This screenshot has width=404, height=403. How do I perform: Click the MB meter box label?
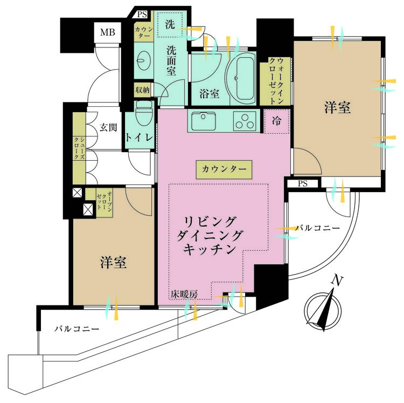pos(108,32)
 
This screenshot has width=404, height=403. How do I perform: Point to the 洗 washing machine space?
pos(170,24)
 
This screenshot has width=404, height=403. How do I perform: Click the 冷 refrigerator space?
pos(276,121)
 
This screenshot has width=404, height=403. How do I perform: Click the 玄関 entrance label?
pos(108,128)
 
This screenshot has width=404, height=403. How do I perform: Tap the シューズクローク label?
pos(78,146)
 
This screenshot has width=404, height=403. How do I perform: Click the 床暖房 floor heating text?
pos(185,294)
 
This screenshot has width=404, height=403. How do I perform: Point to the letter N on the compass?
pos(338,281)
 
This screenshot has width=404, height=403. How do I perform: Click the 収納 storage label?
pos(142,90)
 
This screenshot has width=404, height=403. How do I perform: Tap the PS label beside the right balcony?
pos(303,183)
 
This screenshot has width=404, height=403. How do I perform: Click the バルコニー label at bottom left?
pos(75,328)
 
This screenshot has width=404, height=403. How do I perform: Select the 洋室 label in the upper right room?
pos(337,108)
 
